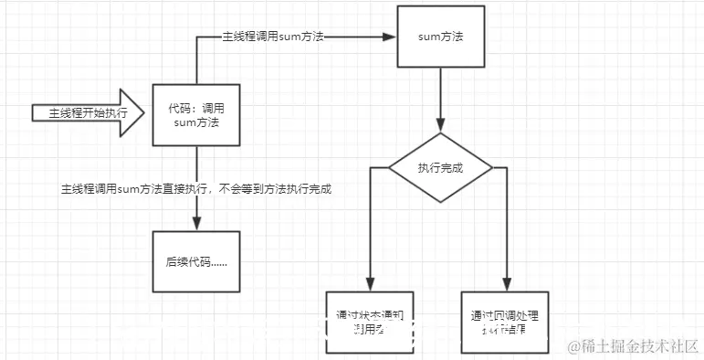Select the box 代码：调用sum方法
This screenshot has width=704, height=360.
coord(197,114)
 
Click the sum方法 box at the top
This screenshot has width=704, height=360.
coord(441,38)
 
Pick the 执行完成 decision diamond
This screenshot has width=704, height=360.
coord(441,168)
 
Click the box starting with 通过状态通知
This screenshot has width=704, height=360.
coord(370,322)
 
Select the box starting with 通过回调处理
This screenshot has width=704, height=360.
coord(505,322)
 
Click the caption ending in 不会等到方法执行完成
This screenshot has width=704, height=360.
coord(195,189)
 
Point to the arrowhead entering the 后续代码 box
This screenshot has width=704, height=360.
coord(197,224)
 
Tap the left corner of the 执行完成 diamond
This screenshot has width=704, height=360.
coord(390,168)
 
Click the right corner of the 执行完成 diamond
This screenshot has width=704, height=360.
coord(492,168)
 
